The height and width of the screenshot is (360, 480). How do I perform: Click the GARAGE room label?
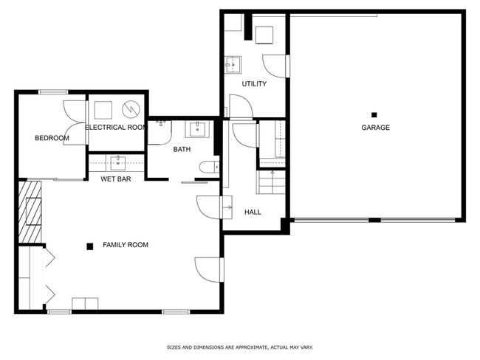pos(376,128)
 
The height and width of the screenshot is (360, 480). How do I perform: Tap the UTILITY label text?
pos(254,84)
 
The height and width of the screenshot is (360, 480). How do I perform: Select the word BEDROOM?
pos(52,138)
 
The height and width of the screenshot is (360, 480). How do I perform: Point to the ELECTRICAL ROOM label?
pos(115,127)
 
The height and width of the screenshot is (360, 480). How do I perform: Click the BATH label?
pos(182,149)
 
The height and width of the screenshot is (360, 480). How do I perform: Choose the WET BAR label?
pos(116,179)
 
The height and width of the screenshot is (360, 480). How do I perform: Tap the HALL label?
pos(253,212)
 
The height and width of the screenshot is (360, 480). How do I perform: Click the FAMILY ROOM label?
pos(126,245)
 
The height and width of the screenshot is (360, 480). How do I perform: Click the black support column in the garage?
pos(374,115)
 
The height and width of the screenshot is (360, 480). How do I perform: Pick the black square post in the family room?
pos(89,246)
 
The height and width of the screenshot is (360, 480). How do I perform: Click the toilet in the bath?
pos(210,167)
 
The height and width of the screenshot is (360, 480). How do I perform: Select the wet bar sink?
pos(118,163)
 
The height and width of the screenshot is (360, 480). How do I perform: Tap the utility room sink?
pos(233,64)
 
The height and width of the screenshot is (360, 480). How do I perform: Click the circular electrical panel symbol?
pos(131,109)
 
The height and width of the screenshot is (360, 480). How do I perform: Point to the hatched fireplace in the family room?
pos(30,212)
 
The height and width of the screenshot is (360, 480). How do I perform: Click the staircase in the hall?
pos(271,182)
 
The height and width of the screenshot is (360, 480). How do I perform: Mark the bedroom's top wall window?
pos(53,91)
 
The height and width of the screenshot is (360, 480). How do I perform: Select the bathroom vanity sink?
pos(197,129)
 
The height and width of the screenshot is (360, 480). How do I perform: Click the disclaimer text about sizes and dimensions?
pos(240,347)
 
